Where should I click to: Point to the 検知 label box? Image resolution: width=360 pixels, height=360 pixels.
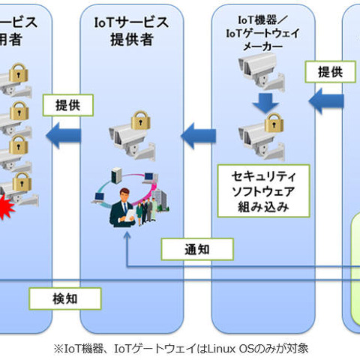64,298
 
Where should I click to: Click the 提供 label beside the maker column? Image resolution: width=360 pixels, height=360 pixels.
325,72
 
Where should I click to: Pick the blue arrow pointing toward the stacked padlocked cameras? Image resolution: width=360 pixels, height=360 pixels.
65,135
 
